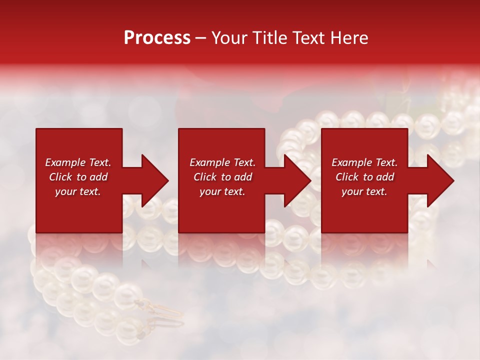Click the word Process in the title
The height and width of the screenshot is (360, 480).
[157, 38]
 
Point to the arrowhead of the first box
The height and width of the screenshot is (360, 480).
[154, 180]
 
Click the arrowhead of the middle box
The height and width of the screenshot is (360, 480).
[297, 180]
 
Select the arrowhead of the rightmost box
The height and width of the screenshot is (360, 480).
[440, 180]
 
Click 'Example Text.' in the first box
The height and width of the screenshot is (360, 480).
[78, 162]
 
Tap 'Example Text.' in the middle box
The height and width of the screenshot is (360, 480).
[222, 162]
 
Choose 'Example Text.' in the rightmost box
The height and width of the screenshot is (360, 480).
[364, 162]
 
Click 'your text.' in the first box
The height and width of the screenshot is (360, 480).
[78, 191]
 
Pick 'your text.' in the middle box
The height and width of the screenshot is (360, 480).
[222, 191]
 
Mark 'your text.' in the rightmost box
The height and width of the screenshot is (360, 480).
[364, 191]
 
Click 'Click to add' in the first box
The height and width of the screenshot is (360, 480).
[78, 177]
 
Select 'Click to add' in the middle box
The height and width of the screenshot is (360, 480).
[222, 177]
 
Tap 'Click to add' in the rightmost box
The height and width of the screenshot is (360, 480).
[364, 177]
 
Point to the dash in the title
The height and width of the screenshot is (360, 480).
[200, 38]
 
